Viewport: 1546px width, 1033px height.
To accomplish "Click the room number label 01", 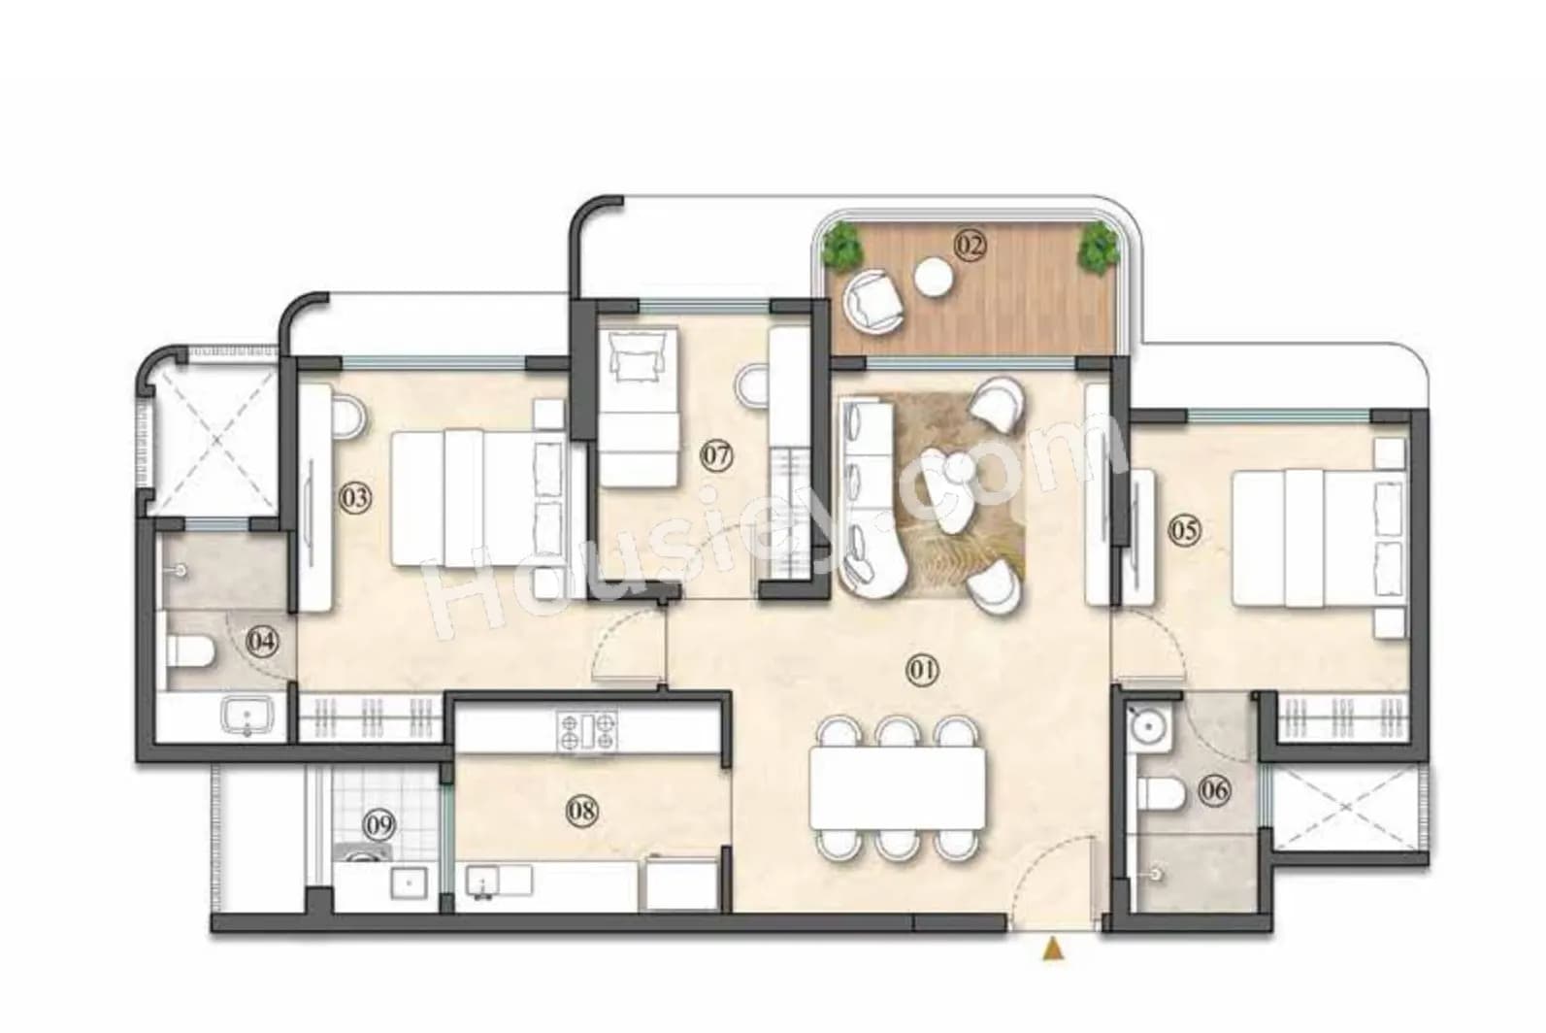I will click(922, 669).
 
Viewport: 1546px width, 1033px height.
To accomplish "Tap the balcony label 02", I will click(970, 245).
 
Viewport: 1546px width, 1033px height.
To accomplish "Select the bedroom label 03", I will click(355, 498).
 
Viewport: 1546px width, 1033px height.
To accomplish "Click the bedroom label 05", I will click(1184, 530).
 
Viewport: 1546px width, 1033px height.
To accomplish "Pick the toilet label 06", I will click(1214, 790).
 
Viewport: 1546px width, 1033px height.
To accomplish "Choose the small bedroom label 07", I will click(717, 455).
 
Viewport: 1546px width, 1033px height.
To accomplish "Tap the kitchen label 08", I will click(581, 810).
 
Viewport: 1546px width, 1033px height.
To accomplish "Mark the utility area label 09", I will click(379, 826).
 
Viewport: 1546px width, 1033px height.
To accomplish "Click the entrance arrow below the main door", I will click(1052, 949).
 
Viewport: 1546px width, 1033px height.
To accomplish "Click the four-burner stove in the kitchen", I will click(587, 731).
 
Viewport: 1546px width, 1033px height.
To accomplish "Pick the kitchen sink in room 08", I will click(482, 882).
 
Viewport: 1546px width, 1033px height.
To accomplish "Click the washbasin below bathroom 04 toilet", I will click(247, 717).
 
